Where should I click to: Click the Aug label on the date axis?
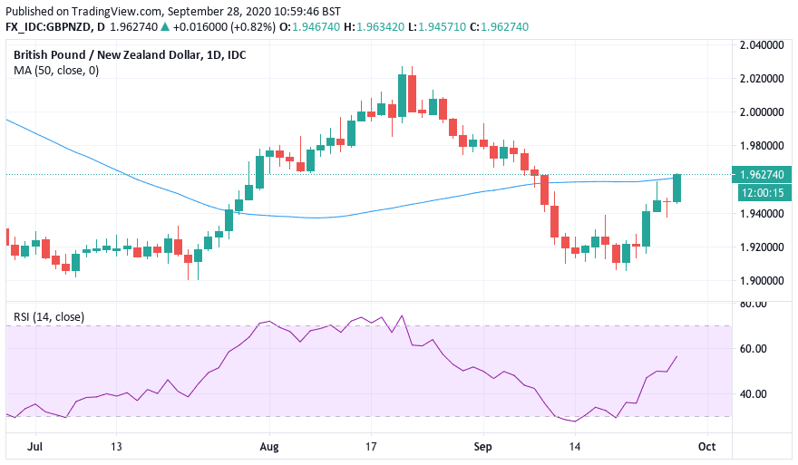click(x=268, y=446)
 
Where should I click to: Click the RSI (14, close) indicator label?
click(x=49, y=316)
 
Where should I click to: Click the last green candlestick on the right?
click(x=677, y=189)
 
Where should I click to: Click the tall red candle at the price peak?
click(x=412, y=93)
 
